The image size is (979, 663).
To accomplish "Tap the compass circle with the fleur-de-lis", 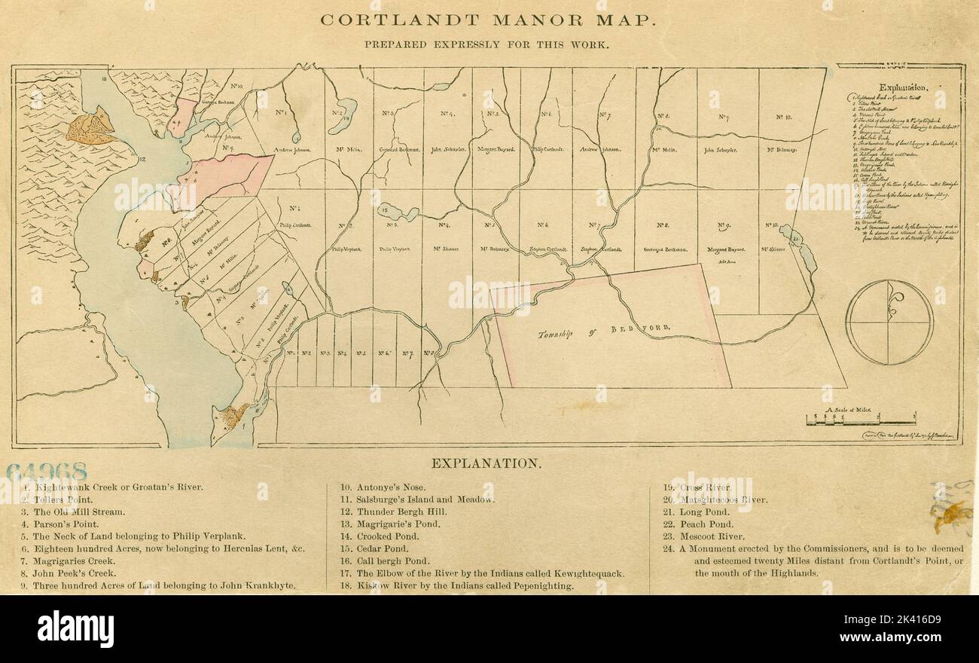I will [889, 322].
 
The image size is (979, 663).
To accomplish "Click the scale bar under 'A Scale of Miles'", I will [860, 419].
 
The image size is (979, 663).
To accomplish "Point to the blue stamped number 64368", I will [46, 472].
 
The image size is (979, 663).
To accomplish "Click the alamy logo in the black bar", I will [75, 629].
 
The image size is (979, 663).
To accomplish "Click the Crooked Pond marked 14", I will [343, 112].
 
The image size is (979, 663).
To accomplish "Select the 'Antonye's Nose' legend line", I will [383, 487].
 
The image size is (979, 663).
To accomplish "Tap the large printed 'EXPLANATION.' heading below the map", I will [486, 463].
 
